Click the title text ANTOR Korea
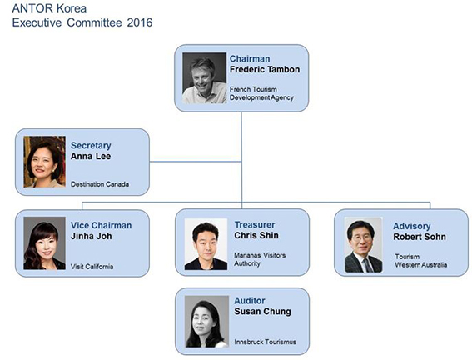tap(49, 8)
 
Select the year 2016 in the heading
tap(140, 22)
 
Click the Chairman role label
tap(250, 58)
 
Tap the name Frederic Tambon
tap(265, 70)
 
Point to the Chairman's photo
tap(205, 78)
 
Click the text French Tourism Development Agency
tap(261, 93)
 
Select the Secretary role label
tap(91, 146)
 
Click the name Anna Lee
tap(91, 157)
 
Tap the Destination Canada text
tap(100, 184)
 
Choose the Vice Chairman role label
tap(102, 225)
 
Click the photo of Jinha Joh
tap(45, 242)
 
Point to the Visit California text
tap(92, 267)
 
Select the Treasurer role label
tap(255, 225)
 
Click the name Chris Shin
tap(256, 235)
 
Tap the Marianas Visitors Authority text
tap(260, 259)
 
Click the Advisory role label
tap(412, 226)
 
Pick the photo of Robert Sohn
tap(363, 245)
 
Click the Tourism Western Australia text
tap(421, 261)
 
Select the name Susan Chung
tap(262, 312)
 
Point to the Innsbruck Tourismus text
tap(266, 342)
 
